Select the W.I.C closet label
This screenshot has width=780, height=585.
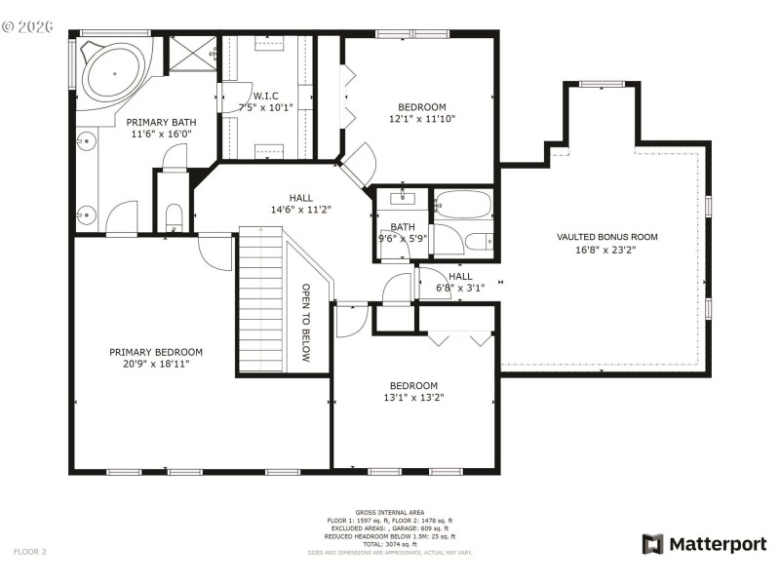(x=266, y=96)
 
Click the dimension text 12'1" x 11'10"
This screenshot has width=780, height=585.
(x=422, y=119)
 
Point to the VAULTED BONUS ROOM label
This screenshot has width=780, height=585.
(x=606, y=237)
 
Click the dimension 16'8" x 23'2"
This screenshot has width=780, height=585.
(x=606, y=249)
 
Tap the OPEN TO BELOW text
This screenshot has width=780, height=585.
(x=305, y=323)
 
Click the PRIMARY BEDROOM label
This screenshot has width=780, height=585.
(x=156, y=352)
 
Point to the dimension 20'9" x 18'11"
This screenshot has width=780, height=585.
(x=156, y=364)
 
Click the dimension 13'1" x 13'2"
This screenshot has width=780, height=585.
(x=414, y=397)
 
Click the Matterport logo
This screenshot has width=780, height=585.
(x=704, y=544)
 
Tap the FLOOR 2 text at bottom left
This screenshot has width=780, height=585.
(x=29, y=552)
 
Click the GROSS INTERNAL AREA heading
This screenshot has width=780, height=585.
(x=390, y=512)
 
